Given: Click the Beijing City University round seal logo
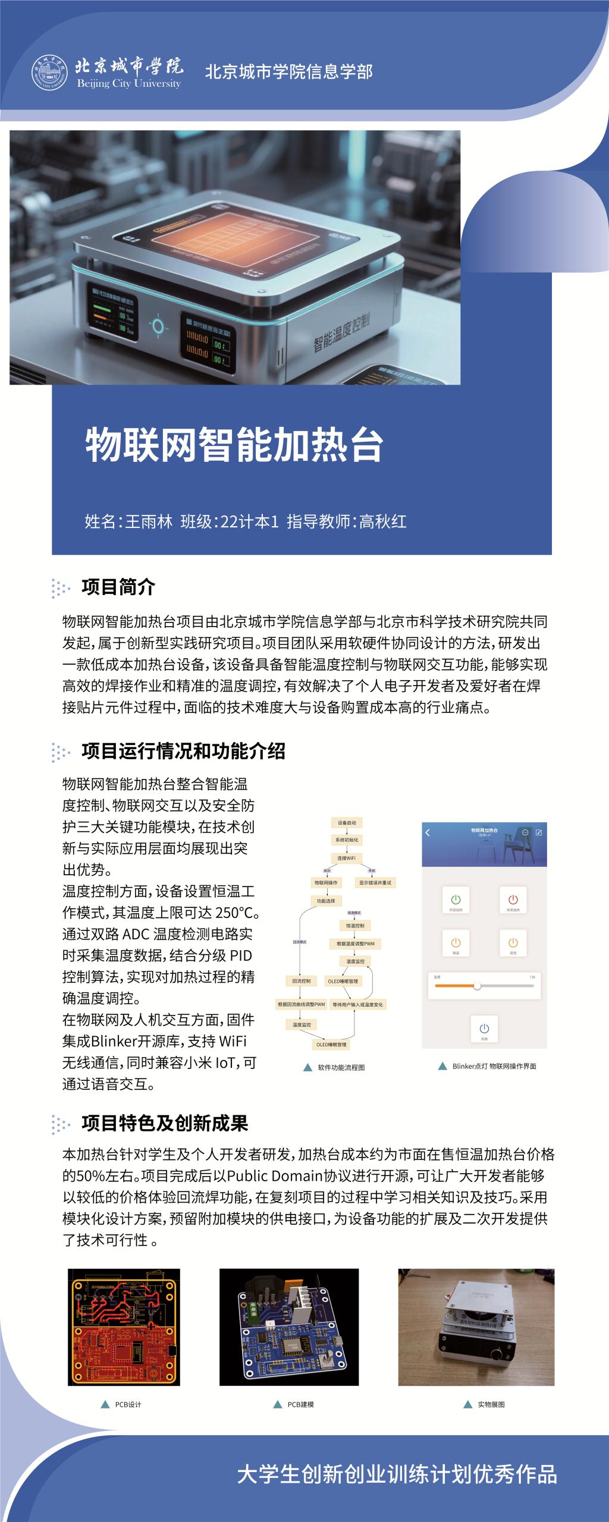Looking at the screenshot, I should tap(50, 73).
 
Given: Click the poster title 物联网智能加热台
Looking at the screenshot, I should tap(234, 445).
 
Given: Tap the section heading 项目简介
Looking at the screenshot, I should tap(118, 587).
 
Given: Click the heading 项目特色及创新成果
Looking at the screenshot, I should tap(165, 1123).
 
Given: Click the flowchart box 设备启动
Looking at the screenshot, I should tap(347, 823).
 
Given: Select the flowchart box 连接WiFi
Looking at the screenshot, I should tap(346, 858).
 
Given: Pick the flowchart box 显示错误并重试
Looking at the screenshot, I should tap(375, 882).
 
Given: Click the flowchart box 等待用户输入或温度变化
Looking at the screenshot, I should tap(357, 1004).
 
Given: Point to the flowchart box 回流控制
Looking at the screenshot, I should tap(302, 980).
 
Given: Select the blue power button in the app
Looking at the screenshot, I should tap(484, 1028).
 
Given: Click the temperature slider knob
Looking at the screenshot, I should tap(477, 986).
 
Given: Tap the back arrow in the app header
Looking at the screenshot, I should tap(428, 832).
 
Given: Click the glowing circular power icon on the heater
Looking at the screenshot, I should tap(158, 325).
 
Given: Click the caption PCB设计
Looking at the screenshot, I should tap(128, 1404).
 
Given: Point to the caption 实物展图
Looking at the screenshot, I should tap(491, 1404).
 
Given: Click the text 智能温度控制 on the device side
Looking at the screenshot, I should tap(341, 332).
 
